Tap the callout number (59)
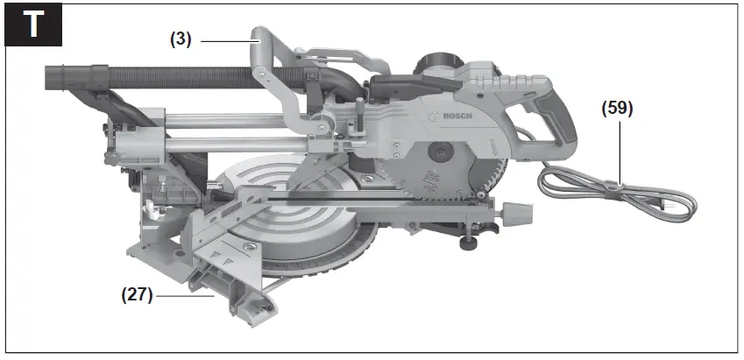616,109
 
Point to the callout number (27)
137,295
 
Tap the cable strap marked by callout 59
619,184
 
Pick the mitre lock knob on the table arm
518,212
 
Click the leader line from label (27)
184,295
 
